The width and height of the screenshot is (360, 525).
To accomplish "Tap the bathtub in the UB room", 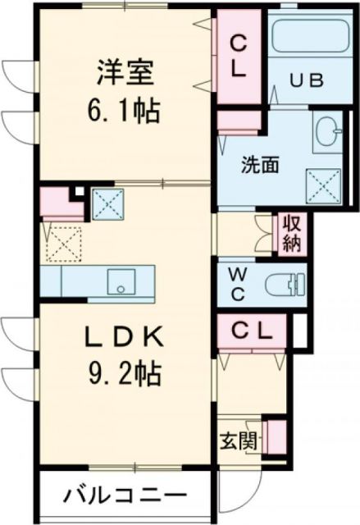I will click(x=308, y=38).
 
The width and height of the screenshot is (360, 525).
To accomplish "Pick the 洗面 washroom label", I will click(x=259, y=163).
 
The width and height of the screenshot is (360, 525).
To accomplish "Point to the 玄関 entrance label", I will click(x=235, y=440).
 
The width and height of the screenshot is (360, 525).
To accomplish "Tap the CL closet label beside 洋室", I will click(x=238, y=56).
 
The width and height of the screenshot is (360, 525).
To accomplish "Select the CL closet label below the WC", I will click(x=250, y=331).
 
